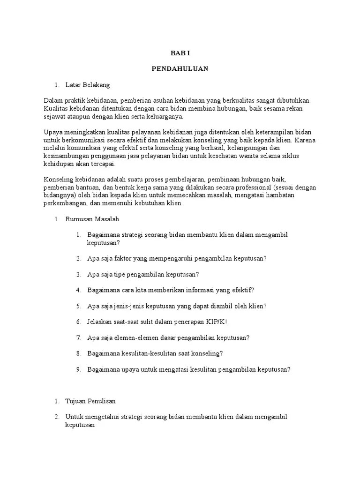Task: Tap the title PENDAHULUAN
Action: pos(180,68)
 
